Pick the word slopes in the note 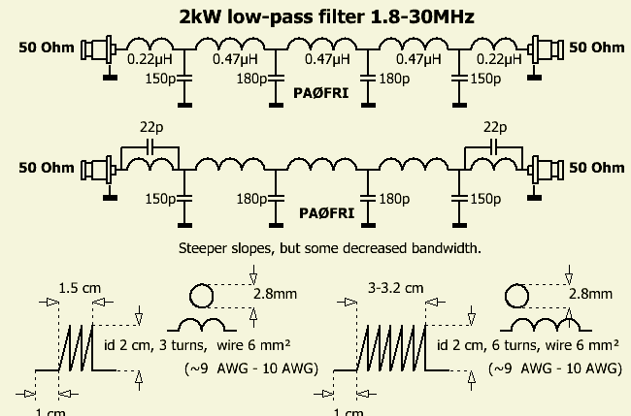click(x=253, y=249)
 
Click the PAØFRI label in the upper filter click(x=321, y=93)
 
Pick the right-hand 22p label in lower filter click(x=494, y=128)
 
